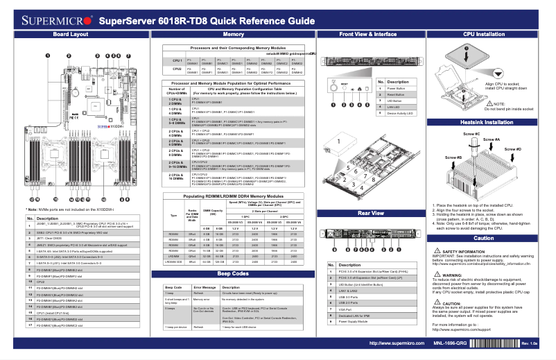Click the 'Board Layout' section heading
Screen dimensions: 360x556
tap(70, 34)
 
